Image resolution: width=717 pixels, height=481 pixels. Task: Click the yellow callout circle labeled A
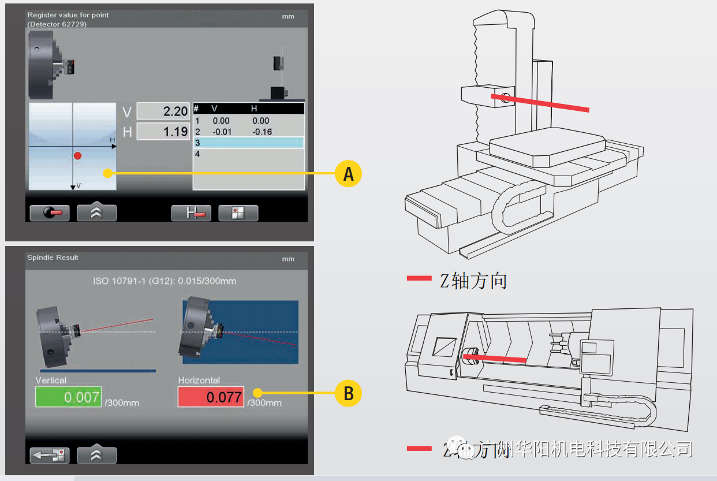348,173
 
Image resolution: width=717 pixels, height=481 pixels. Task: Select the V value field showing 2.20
163,111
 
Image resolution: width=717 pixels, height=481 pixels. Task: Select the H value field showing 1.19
163,132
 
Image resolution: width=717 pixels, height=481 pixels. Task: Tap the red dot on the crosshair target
78,156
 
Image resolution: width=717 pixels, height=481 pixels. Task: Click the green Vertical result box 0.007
68,397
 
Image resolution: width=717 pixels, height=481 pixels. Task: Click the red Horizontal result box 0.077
211,397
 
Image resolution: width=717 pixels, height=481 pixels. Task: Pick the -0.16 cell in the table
261,132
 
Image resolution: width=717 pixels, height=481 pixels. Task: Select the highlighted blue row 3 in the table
248,143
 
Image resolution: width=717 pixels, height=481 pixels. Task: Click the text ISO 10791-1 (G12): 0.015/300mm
165,281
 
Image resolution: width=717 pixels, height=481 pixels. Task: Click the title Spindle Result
53,258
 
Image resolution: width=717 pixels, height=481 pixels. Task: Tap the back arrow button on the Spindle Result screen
50,455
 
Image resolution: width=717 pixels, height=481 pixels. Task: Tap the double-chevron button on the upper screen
96,212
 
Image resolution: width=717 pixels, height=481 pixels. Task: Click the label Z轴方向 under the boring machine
473,281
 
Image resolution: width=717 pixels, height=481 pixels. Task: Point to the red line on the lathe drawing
495,359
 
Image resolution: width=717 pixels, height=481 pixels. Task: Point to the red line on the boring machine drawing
540,103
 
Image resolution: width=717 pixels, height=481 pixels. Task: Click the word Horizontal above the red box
199,381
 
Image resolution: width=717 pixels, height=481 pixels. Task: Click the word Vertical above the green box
51,381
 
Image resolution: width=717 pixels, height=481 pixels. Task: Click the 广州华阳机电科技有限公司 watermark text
583,448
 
